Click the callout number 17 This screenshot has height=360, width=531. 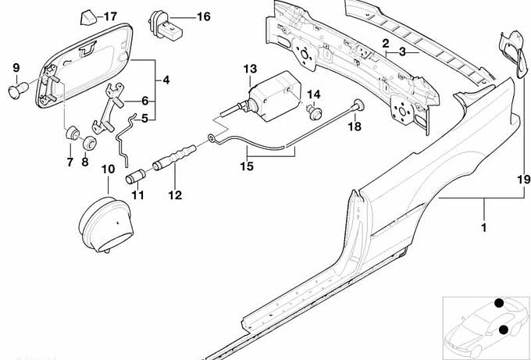tap(109, 16)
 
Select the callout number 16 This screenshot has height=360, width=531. tap(203, 16)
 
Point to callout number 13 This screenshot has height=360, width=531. tap(249, 69)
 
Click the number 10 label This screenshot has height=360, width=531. tap(107, 168)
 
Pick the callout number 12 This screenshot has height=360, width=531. tap(174, 195)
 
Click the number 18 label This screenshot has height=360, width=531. tap(354, 127)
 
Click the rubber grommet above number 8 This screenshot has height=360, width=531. tap(88, 143)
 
